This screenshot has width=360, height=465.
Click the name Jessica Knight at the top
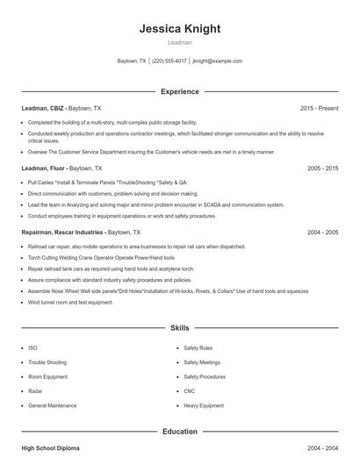pyautogui.click(x=179, y=28)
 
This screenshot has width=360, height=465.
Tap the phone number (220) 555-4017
pyautogui.click(x=169, y=61)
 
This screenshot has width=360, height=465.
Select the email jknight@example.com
pyautogui.click(x=217, y=61)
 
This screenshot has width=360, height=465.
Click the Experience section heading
pyautogui.click(x=179, y=91)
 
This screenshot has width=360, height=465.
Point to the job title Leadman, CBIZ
pyautogui.click(x=43, y=108)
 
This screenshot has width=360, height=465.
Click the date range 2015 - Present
pyautogui.click(x=319, y=108)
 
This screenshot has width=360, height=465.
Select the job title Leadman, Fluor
pyautogui.click(x=43, y=168)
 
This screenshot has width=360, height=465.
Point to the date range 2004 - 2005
pyautogui.click(x=322, y=232)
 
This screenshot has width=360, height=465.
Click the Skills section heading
pyautogui.click(x=179, y=326)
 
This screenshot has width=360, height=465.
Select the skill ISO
pyautogui.click(x=32, y=348)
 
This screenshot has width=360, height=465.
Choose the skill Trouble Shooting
pyautogui.click(x=47, y=362)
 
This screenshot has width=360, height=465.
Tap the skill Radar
pyautogui.click(x=36, y=391)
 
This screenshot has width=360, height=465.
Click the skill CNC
pyautogui.click(x=190, y=391)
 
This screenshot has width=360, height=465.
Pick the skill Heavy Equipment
pyautogui.click(x=204, y=406)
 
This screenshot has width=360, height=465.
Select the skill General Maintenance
pyautogui.click(x=52, y=406)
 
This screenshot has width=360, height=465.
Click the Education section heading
pyautogui.click(x=179, y=432)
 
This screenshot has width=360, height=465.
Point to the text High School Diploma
pyautogui.click(x=50, y=448)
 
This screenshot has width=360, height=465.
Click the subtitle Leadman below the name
pyautogui.click(x=179, y=41)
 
